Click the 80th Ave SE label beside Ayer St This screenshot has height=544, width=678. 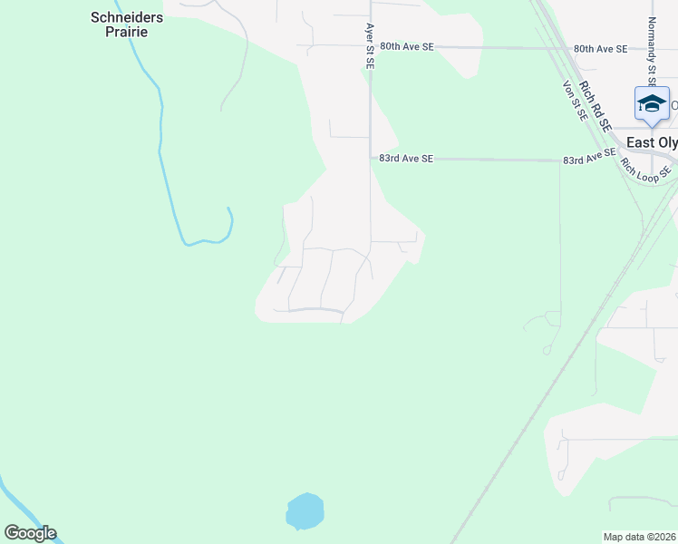tap(407, 45)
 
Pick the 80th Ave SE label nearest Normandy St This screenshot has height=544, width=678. tap(600, 49)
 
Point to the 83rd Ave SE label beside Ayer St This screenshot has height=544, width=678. tap(406, 159)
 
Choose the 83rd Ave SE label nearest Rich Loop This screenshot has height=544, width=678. tap(589, 160)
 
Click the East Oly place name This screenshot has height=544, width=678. tap(652, 143)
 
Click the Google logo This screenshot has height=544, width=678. tap(30, 533)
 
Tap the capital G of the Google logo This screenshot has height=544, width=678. tap(12, 533)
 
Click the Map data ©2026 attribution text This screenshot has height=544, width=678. tap(639, 537)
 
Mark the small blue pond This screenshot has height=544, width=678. tap(305, 512)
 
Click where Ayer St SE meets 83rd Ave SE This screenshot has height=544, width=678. tap(370, 158)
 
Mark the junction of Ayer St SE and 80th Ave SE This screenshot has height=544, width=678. tap(370, 46)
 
